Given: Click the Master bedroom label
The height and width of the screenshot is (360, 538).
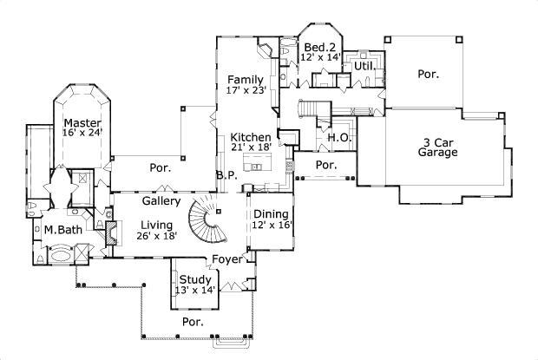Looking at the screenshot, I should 82,123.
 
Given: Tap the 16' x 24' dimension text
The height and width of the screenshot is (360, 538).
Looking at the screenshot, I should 82,134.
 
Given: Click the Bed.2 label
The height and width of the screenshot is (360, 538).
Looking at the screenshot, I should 319,47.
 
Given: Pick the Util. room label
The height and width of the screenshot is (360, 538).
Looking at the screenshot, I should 363,65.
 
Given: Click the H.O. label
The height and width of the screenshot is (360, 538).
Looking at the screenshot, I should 338,138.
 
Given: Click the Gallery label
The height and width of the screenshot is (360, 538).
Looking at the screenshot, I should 161,201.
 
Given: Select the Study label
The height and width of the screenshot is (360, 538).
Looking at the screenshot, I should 195,279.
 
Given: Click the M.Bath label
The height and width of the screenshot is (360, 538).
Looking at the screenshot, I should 62,230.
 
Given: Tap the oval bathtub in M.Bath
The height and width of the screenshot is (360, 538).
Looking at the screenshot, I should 60,256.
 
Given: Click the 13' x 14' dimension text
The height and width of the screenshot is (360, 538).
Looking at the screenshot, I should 195,290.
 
